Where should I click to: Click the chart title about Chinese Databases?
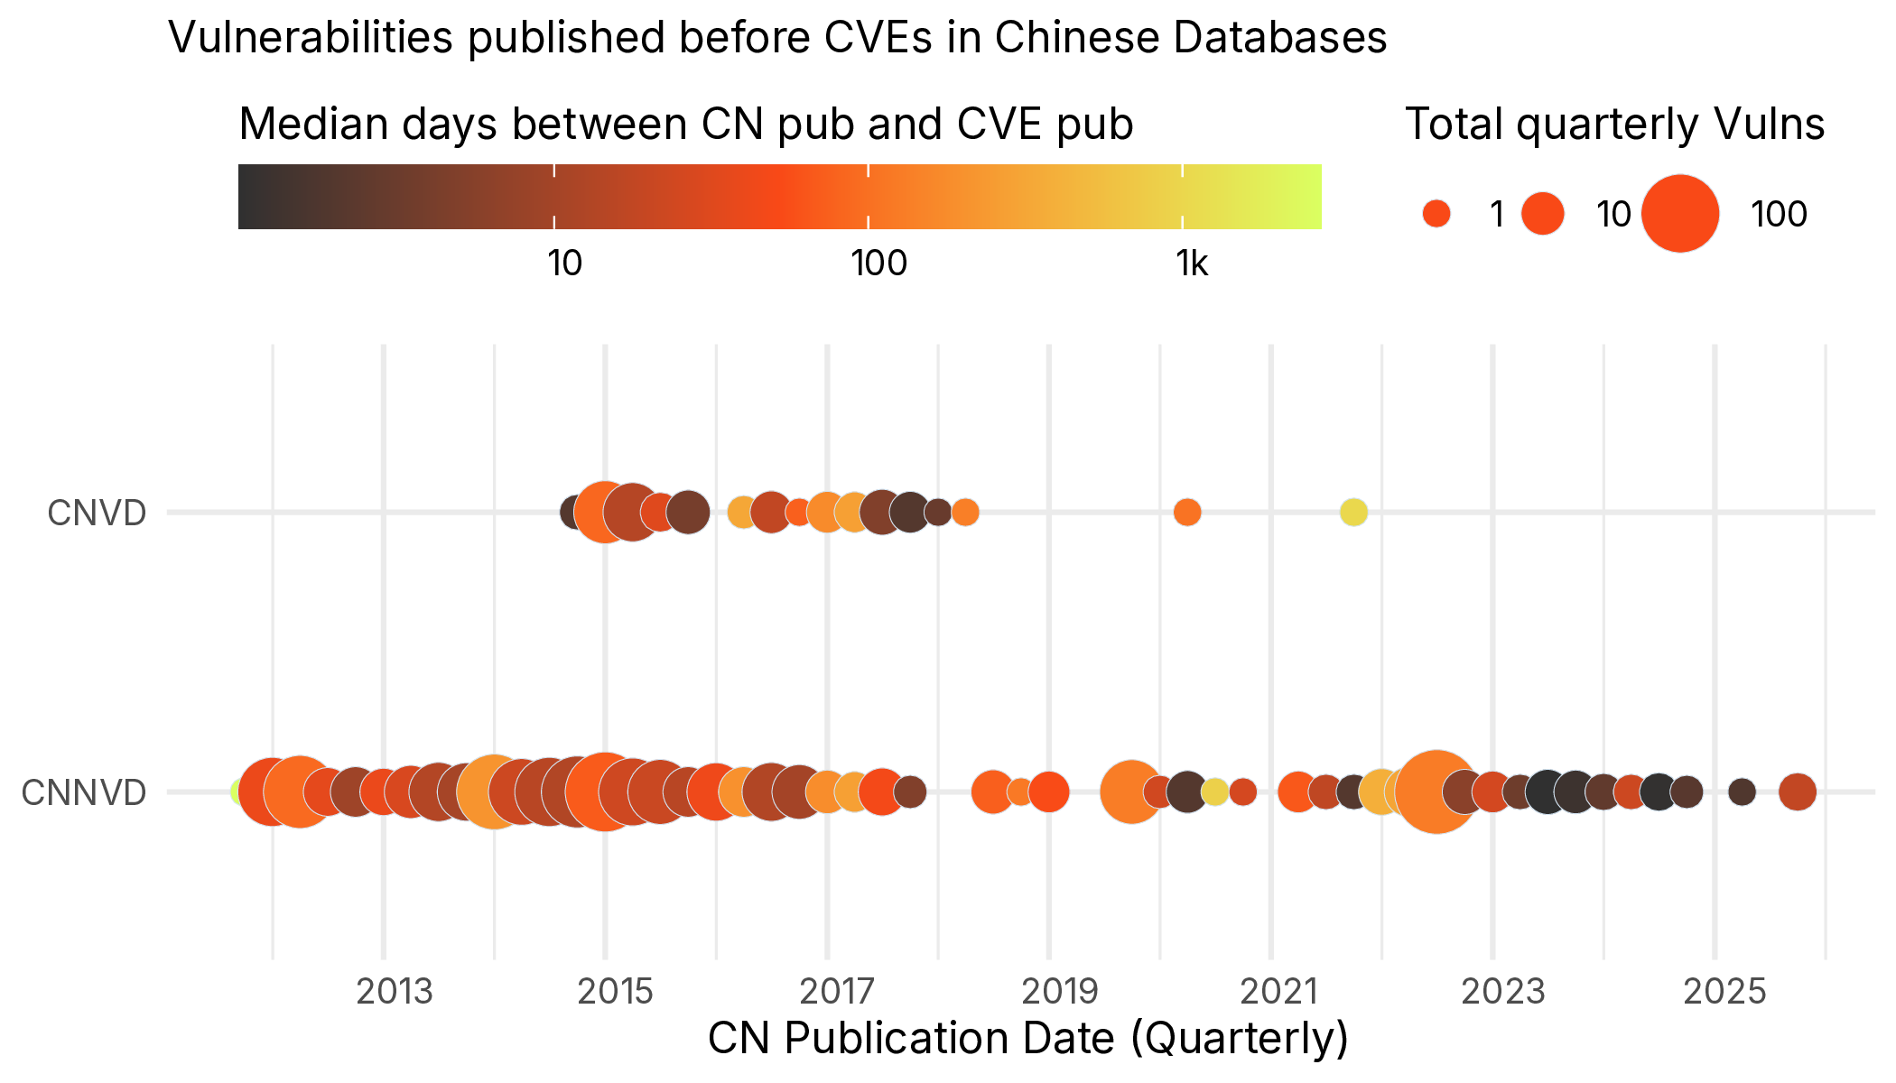pos(776,38)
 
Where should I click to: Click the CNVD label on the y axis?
pos(97,513)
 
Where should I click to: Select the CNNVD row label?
pos(84,792)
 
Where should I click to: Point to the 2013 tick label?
pos(395,991)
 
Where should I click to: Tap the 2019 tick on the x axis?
pos(1060,991)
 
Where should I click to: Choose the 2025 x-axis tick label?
pos(1724,991)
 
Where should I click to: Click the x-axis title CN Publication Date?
pos(1027,1038)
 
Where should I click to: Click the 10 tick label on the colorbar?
pos(564,264)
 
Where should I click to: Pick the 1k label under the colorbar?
pos(1192,264)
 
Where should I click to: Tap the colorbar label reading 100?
pos(878,264)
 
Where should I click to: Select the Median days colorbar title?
pos(686,124)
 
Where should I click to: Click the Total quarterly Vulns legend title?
pos(1614,124)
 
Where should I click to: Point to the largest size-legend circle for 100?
pos(1680,214)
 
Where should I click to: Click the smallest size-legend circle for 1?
pos(1436,214)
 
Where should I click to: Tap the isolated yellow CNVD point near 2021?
pos(1353,513)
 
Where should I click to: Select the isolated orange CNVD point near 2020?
pos(1187,513)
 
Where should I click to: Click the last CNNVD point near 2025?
pos(1798,792)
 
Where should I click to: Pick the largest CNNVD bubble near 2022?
pos(1436,792)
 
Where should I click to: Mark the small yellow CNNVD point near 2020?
pos(1215,792)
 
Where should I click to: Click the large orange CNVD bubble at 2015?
pos(604,513)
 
